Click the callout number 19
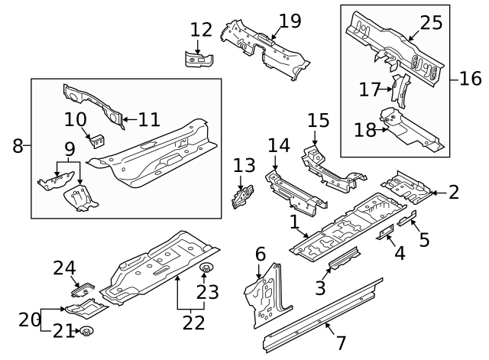(x=290, y=21)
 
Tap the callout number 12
(x=201, y=30)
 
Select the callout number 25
(x=432, y=22)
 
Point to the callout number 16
(x=471, y=78)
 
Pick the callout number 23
(x=208, y=291)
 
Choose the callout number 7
(x=342, y=344)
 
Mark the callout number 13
(x=244, y=164)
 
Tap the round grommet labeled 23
(x=205, y=269)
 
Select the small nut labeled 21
(x=86, y=330)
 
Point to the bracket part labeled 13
(x=243, y=196)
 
